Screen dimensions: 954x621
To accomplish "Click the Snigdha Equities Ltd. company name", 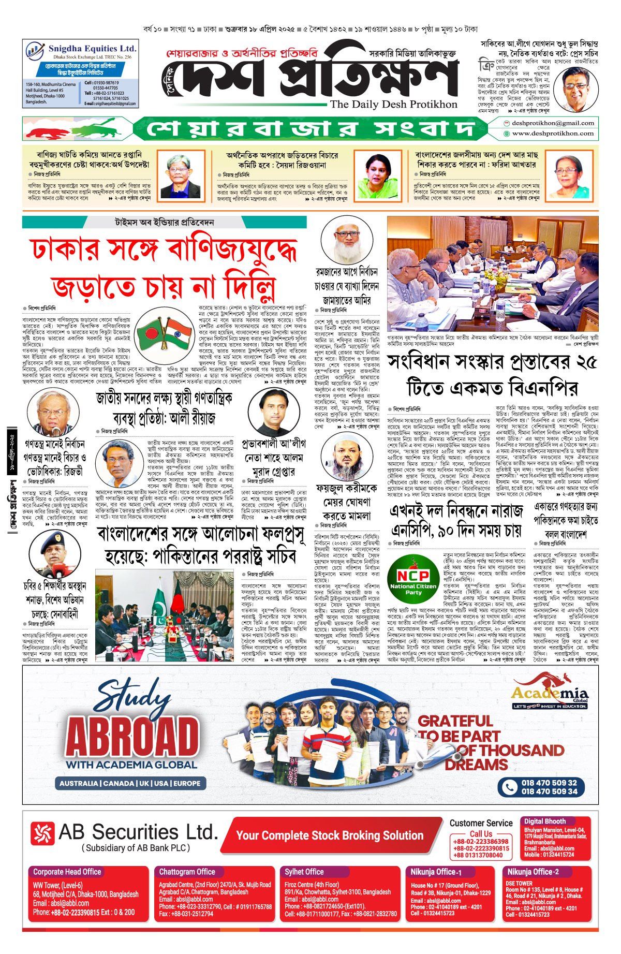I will (x=92, y=48).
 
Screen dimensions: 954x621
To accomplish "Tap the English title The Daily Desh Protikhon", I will (x=394, y=104).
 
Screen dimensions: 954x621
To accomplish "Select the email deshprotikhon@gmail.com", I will (x=552, y=123).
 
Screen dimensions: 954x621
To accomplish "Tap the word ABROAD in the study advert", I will (x=132, y=737).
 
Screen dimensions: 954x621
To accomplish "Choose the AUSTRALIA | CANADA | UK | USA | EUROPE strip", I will (x=130, y=783).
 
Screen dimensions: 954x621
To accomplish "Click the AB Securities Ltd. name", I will (x=138, y=832).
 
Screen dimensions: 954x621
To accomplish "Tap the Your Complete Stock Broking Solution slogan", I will (x=330, y=835).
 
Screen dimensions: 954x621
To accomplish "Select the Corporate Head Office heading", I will (x=67, y=872).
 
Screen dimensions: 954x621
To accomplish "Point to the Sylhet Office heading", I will (x=304, y=872).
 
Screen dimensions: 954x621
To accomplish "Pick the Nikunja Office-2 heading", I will (x=533, y=872).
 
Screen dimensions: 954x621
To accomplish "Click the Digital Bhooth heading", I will (x=544, y=821).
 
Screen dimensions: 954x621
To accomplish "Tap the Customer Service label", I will (x=481, y=823).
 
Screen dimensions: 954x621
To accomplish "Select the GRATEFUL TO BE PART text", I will (x=458, y=728).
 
